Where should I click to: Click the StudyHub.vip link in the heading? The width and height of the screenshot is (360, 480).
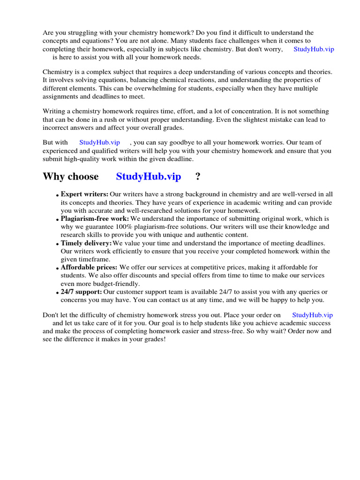(x=148, y=177)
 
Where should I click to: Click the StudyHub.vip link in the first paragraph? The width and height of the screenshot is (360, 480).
(x=314, y=49)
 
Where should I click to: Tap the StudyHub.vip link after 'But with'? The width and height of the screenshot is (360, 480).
(x=99, y=142)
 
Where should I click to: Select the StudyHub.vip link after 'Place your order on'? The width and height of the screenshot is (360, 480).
(x=312, y=315)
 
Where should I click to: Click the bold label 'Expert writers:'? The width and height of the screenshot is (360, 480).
(x=84, y=194)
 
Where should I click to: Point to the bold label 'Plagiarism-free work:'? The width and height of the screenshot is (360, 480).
(x=95, y=219)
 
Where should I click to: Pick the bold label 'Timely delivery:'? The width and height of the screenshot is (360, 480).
(x=86, y=243)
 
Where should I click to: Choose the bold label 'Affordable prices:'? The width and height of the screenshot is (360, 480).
(x=89, y=268)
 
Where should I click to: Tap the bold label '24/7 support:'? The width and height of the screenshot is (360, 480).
(x=81, y=292)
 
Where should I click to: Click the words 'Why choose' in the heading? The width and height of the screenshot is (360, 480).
(x=71, y=177)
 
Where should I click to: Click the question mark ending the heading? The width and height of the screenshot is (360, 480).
(x=198, y=177)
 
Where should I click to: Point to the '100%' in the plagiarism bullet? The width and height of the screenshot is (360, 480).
(x=128, y=227)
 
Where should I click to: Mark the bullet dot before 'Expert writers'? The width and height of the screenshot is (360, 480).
(x=57, y=195)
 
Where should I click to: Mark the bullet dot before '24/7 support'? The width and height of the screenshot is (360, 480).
(x=57, y=293)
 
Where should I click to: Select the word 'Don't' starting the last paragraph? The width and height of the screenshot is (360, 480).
(x=51, y=315)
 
